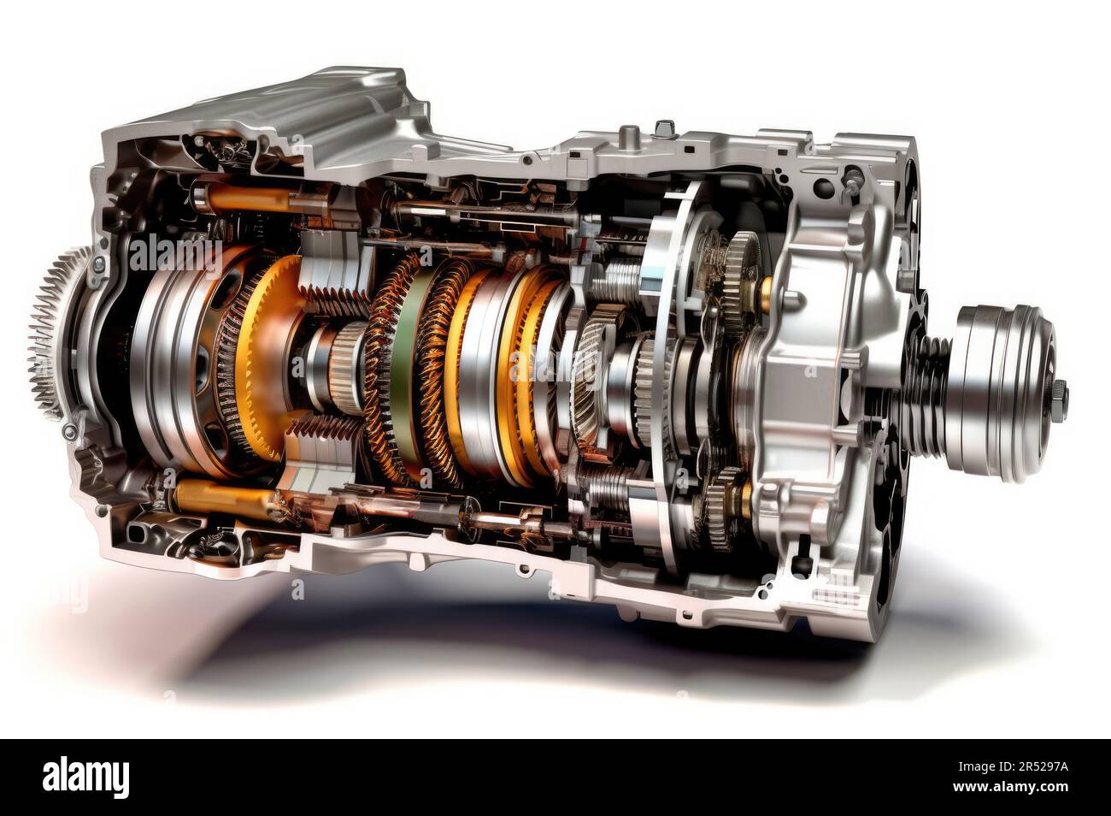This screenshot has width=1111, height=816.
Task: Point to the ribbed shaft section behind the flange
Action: [927, 368]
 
